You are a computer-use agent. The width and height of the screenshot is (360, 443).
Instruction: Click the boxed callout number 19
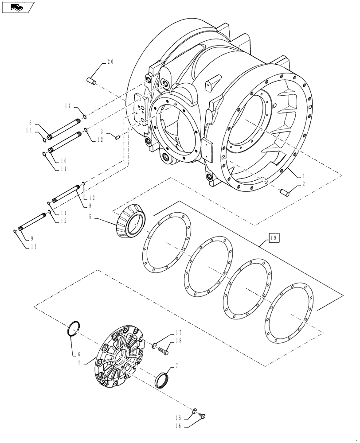click(x=274, y=238)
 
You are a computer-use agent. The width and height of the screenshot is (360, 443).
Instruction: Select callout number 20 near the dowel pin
click(x=110, y=62)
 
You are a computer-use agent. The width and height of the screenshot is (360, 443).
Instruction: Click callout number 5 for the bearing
click(x=91, y=217)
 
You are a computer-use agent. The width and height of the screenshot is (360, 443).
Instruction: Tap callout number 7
click(x=177, y=366)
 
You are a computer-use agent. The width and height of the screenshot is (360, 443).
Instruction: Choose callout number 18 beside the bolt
click(x=178, y=341)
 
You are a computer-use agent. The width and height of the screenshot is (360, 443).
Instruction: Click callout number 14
click(x=67, y=106)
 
